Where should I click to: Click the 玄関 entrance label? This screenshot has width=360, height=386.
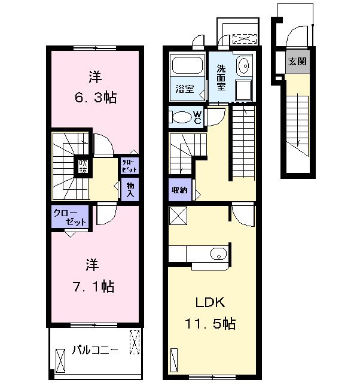pyautogui.click(x=297, y=61)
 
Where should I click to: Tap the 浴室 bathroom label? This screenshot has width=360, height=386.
pyautogui.click(x=185, y=89)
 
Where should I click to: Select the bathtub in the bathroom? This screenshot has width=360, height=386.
pyautogui.click(x=188, y=65)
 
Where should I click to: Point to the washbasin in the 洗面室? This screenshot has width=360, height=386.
pyautogui.click(x=244, y=66)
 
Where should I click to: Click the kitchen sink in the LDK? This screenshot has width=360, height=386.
pyautogui.click(x=218, y=254)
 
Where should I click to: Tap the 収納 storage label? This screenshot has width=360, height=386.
pyautogui.click(x=179, y=190)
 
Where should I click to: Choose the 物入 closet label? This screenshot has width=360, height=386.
pyautogui.click(x=130, y=190)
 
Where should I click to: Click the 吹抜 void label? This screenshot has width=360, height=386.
pyautogui.click(x=83, y=166)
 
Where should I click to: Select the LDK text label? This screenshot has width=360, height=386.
pyautogui.click(x=210, y=303)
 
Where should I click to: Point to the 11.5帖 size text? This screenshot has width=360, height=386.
pyautogui.click(x=210, y=324)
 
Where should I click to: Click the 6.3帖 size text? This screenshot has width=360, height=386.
pyautogui.click(x=96, y=97)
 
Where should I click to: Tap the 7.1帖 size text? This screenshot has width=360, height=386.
pyautogui.click(x=93, y=287)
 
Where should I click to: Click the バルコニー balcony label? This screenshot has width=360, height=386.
pyautogui.click(x=95, y=350)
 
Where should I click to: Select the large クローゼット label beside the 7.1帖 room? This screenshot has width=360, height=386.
pyautogui.click(x=69, y=217)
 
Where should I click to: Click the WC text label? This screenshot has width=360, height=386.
pyautogui.click(x=197, y=117)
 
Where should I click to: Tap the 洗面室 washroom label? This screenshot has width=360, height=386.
pyautogui.click(x=221, y=77)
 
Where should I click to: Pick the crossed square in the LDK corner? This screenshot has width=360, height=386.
pyautogui.click(x=178, y=215)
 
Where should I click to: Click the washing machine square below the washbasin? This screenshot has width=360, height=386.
pyautogui.click(x=243, y=90)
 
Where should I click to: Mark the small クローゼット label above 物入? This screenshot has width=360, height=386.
pyautogui.click(x=129, y=166)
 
